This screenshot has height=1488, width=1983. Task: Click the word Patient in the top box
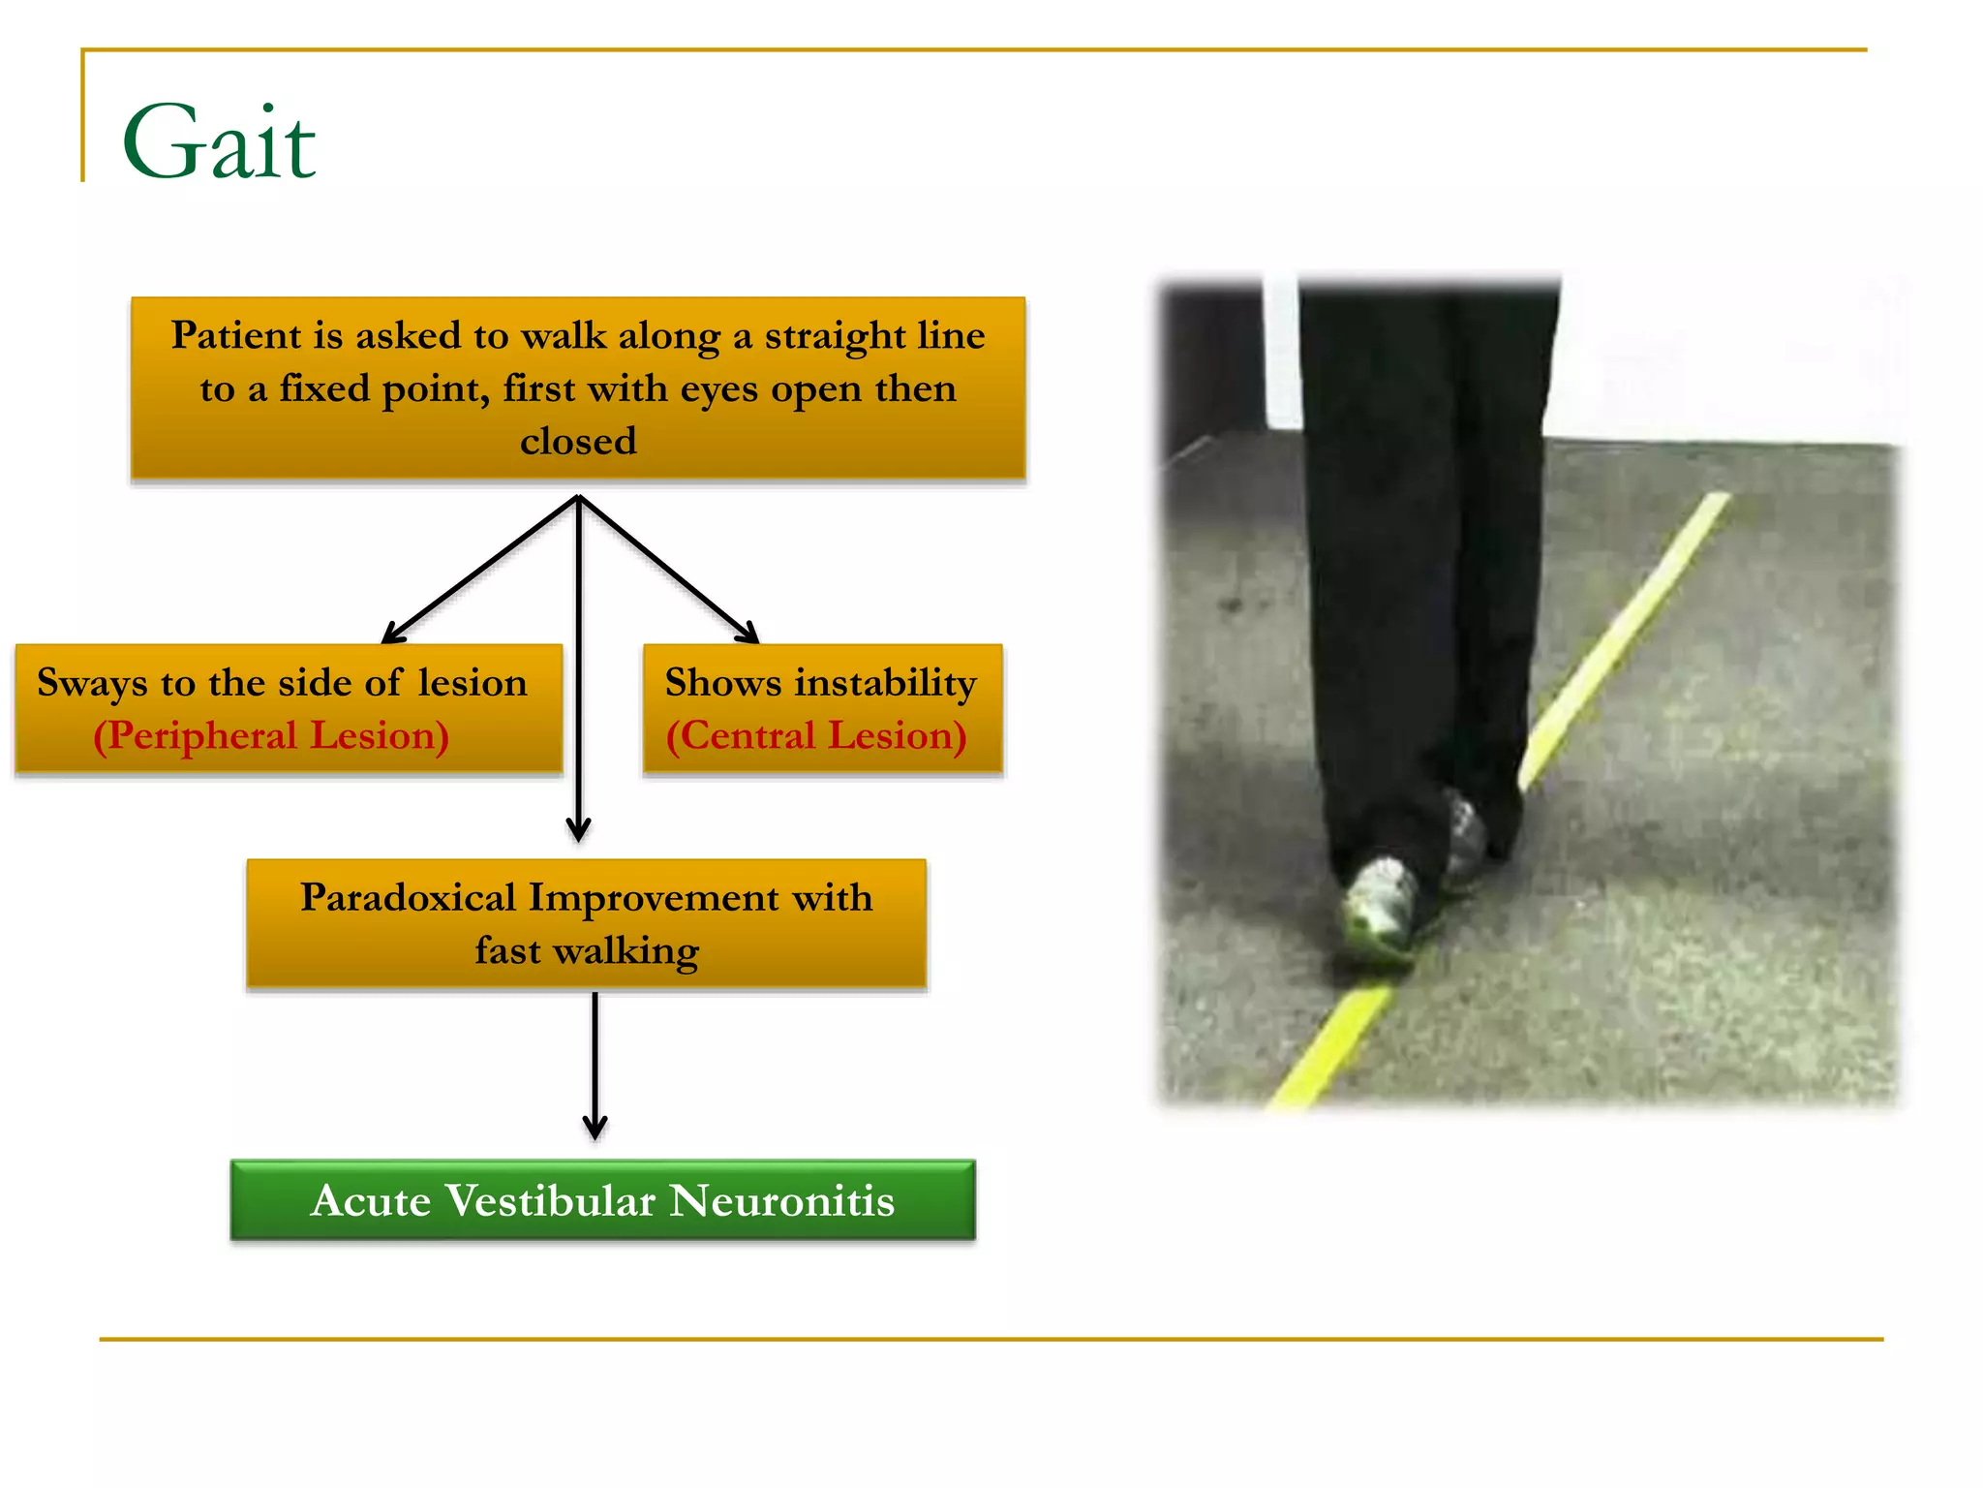[236, 335]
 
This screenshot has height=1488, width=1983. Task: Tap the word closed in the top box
[578, 441]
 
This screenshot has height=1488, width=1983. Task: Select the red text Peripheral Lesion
[271, 735]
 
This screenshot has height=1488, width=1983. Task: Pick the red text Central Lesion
[816, 735]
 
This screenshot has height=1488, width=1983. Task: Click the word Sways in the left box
[92, 683]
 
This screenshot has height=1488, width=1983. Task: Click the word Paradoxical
[408, 897]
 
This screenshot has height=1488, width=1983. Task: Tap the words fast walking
[587, 950]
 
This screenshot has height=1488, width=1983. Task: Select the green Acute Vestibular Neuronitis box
[602, 1200]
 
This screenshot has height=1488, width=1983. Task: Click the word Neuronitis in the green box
[782, 1200]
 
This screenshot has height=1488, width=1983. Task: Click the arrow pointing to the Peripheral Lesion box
[478, 572]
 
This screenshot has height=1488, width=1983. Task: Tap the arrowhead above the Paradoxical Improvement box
[578, 829]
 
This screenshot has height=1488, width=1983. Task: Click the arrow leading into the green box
[595, 1066]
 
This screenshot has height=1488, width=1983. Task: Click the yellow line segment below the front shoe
[1332, 1046]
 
